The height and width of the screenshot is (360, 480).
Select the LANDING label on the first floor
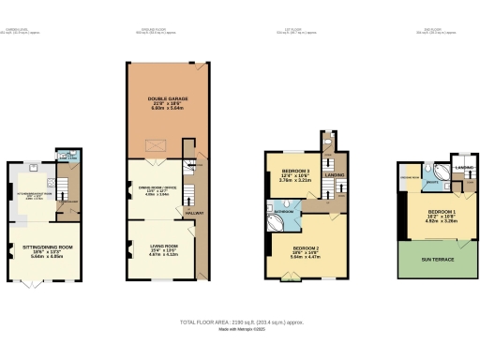coord(335,174)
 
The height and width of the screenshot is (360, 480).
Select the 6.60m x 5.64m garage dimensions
coord(162,110)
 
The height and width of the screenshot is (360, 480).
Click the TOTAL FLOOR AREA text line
coord(240,322)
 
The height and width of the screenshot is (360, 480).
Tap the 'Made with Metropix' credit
coord(240,329)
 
